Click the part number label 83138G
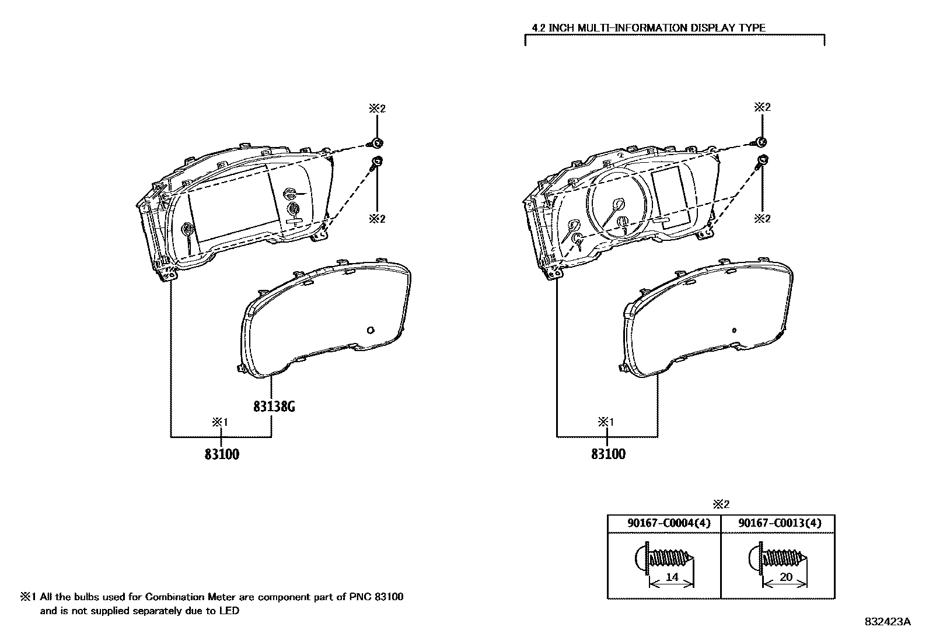click(274, 407)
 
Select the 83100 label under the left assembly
click(222, 454)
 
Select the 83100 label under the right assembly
click(608, 454)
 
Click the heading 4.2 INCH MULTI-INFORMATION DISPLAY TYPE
click(648, 27)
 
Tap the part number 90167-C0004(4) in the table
click(664, 523)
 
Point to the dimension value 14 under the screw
click(672, 577)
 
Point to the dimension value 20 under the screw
click(786, 577)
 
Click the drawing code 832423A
click(888, 622)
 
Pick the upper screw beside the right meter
click(763, 141)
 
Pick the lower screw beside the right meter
click(762, 161)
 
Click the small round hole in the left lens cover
click(370, 331)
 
